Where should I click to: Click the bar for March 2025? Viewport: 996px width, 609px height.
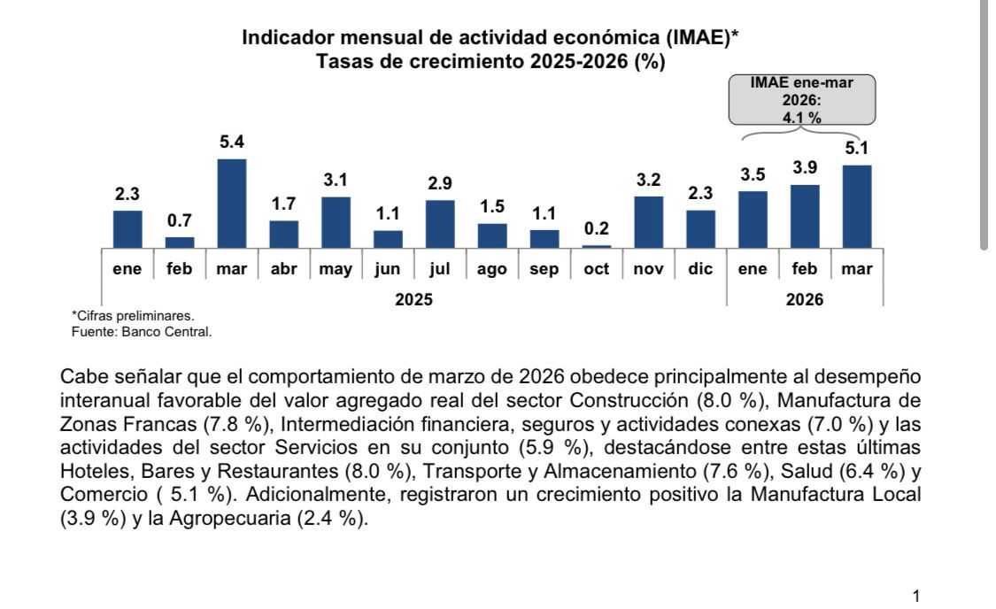pos(231,204)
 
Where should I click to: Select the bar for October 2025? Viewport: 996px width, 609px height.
pos(596,246)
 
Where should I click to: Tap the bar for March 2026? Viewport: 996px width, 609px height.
pos(857,206)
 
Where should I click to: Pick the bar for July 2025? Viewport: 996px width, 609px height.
pos(440,224)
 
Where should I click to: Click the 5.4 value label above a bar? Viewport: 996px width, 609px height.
pos(232,142)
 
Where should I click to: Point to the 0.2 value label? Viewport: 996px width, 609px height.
pos(597,228)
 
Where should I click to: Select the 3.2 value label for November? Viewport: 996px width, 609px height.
pos(649,180)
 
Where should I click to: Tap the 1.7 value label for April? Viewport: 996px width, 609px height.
pos(284,204)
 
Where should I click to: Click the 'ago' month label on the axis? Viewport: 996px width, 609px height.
pos(492,269)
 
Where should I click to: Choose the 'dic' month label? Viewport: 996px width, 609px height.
pos(700,269)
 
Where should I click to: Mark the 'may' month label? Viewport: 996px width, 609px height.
pos(336,269)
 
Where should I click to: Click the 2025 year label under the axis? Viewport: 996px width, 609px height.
pos(413,300)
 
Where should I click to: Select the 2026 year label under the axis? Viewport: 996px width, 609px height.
pos(804,300)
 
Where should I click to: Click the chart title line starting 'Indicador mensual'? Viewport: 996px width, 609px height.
pos(490,38)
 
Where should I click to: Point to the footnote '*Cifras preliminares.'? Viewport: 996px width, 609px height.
pos(132,316)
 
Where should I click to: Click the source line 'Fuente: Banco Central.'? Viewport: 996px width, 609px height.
pos(142,332)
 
